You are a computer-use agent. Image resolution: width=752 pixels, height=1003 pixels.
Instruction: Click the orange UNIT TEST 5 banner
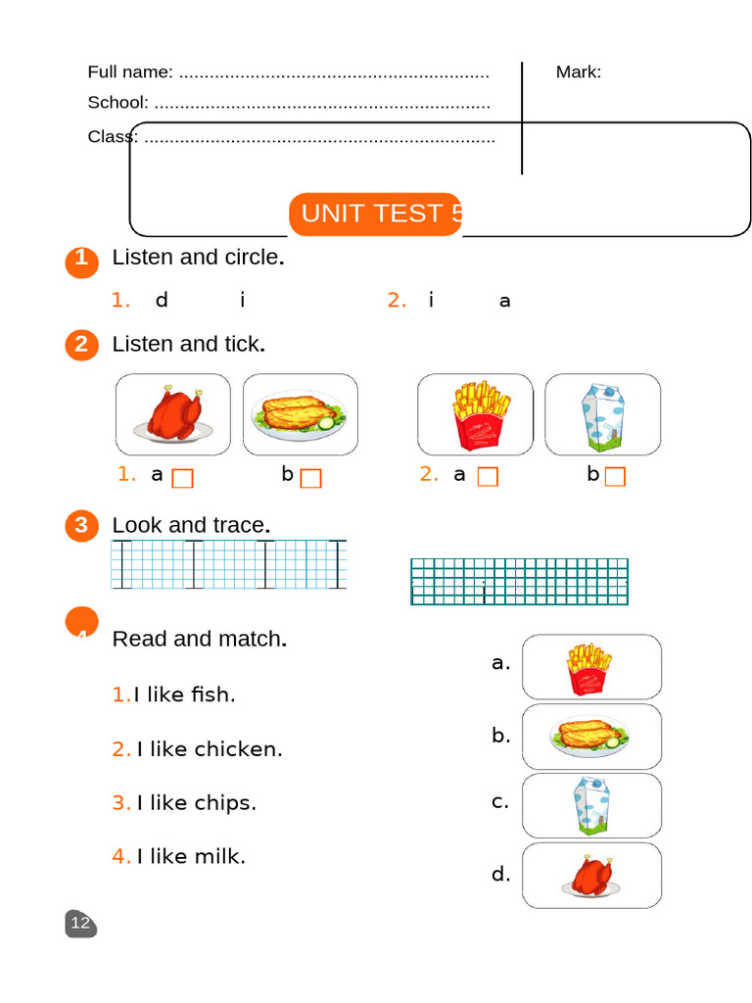pyautogui.click(x=375, y=215)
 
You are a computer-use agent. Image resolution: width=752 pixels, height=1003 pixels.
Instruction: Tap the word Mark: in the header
pyautogui.click(x=579, y=72)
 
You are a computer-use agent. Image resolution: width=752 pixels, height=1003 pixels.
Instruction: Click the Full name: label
pyautogui.click(x=130, y=72)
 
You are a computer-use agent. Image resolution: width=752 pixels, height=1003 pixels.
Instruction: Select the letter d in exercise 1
pyautogui.click(x=162, y=299)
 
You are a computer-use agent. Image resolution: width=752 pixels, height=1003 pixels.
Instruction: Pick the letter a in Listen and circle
pyautogui.click(x=504, y=301)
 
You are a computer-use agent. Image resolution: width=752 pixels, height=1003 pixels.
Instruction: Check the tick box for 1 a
pyautogui.click(x=183, y=478)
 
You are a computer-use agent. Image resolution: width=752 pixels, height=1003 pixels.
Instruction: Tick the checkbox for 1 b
pyautogui.click(x=310, y=478)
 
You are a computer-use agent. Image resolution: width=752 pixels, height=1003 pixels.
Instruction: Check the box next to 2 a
pyautogui.click(x=488, y=477)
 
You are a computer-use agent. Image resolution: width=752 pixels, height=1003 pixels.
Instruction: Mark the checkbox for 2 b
pyautogui.click(x=615, y=477)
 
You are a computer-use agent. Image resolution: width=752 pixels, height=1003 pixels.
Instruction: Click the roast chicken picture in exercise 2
pyautogui.click(x=172, y=414)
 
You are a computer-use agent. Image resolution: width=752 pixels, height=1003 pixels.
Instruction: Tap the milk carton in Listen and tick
pyautogui.click(x=603, y=415)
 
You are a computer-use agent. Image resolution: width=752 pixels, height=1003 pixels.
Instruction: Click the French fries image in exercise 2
pyautogui.click(x=481, y=415)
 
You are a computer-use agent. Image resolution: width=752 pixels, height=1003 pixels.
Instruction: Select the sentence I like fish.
pyautogui.click(x=174, y=694)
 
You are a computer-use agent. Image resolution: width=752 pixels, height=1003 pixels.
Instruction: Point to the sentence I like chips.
pyautogui.click(x=184, y=803)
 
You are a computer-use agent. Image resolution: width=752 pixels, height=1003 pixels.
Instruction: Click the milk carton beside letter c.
pyautogui.click(x=591, y=805)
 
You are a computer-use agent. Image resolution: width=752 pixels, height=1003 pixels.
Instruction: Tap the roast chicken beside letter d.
pyautogui.click(x=591, y=875)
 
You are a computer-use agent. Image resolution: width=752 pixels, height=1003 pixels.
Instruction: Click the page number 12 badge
pyautogui.click(x=80, y=923)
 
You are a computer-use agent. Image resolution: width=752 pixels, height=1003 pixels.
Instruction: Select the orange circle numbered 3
pyautogui.click(x=82, y=525)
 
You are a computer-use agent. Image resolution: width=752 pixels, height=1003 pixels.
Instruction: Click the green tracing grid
pyautogui.click(x=519, y=582)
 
